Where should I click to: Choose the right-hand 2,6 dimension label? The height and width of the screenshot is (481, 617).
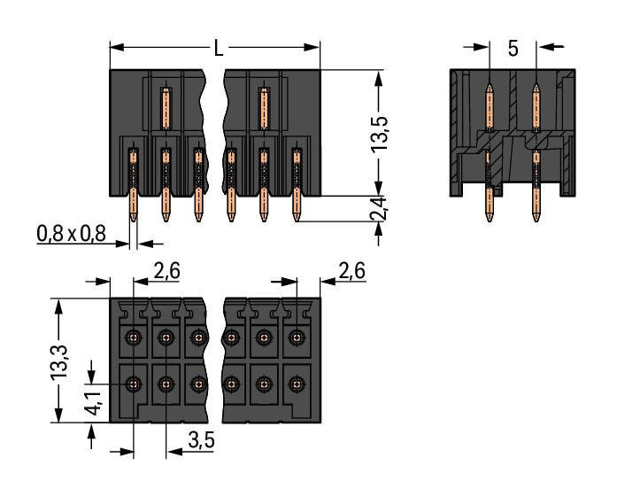coord(351,272)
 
